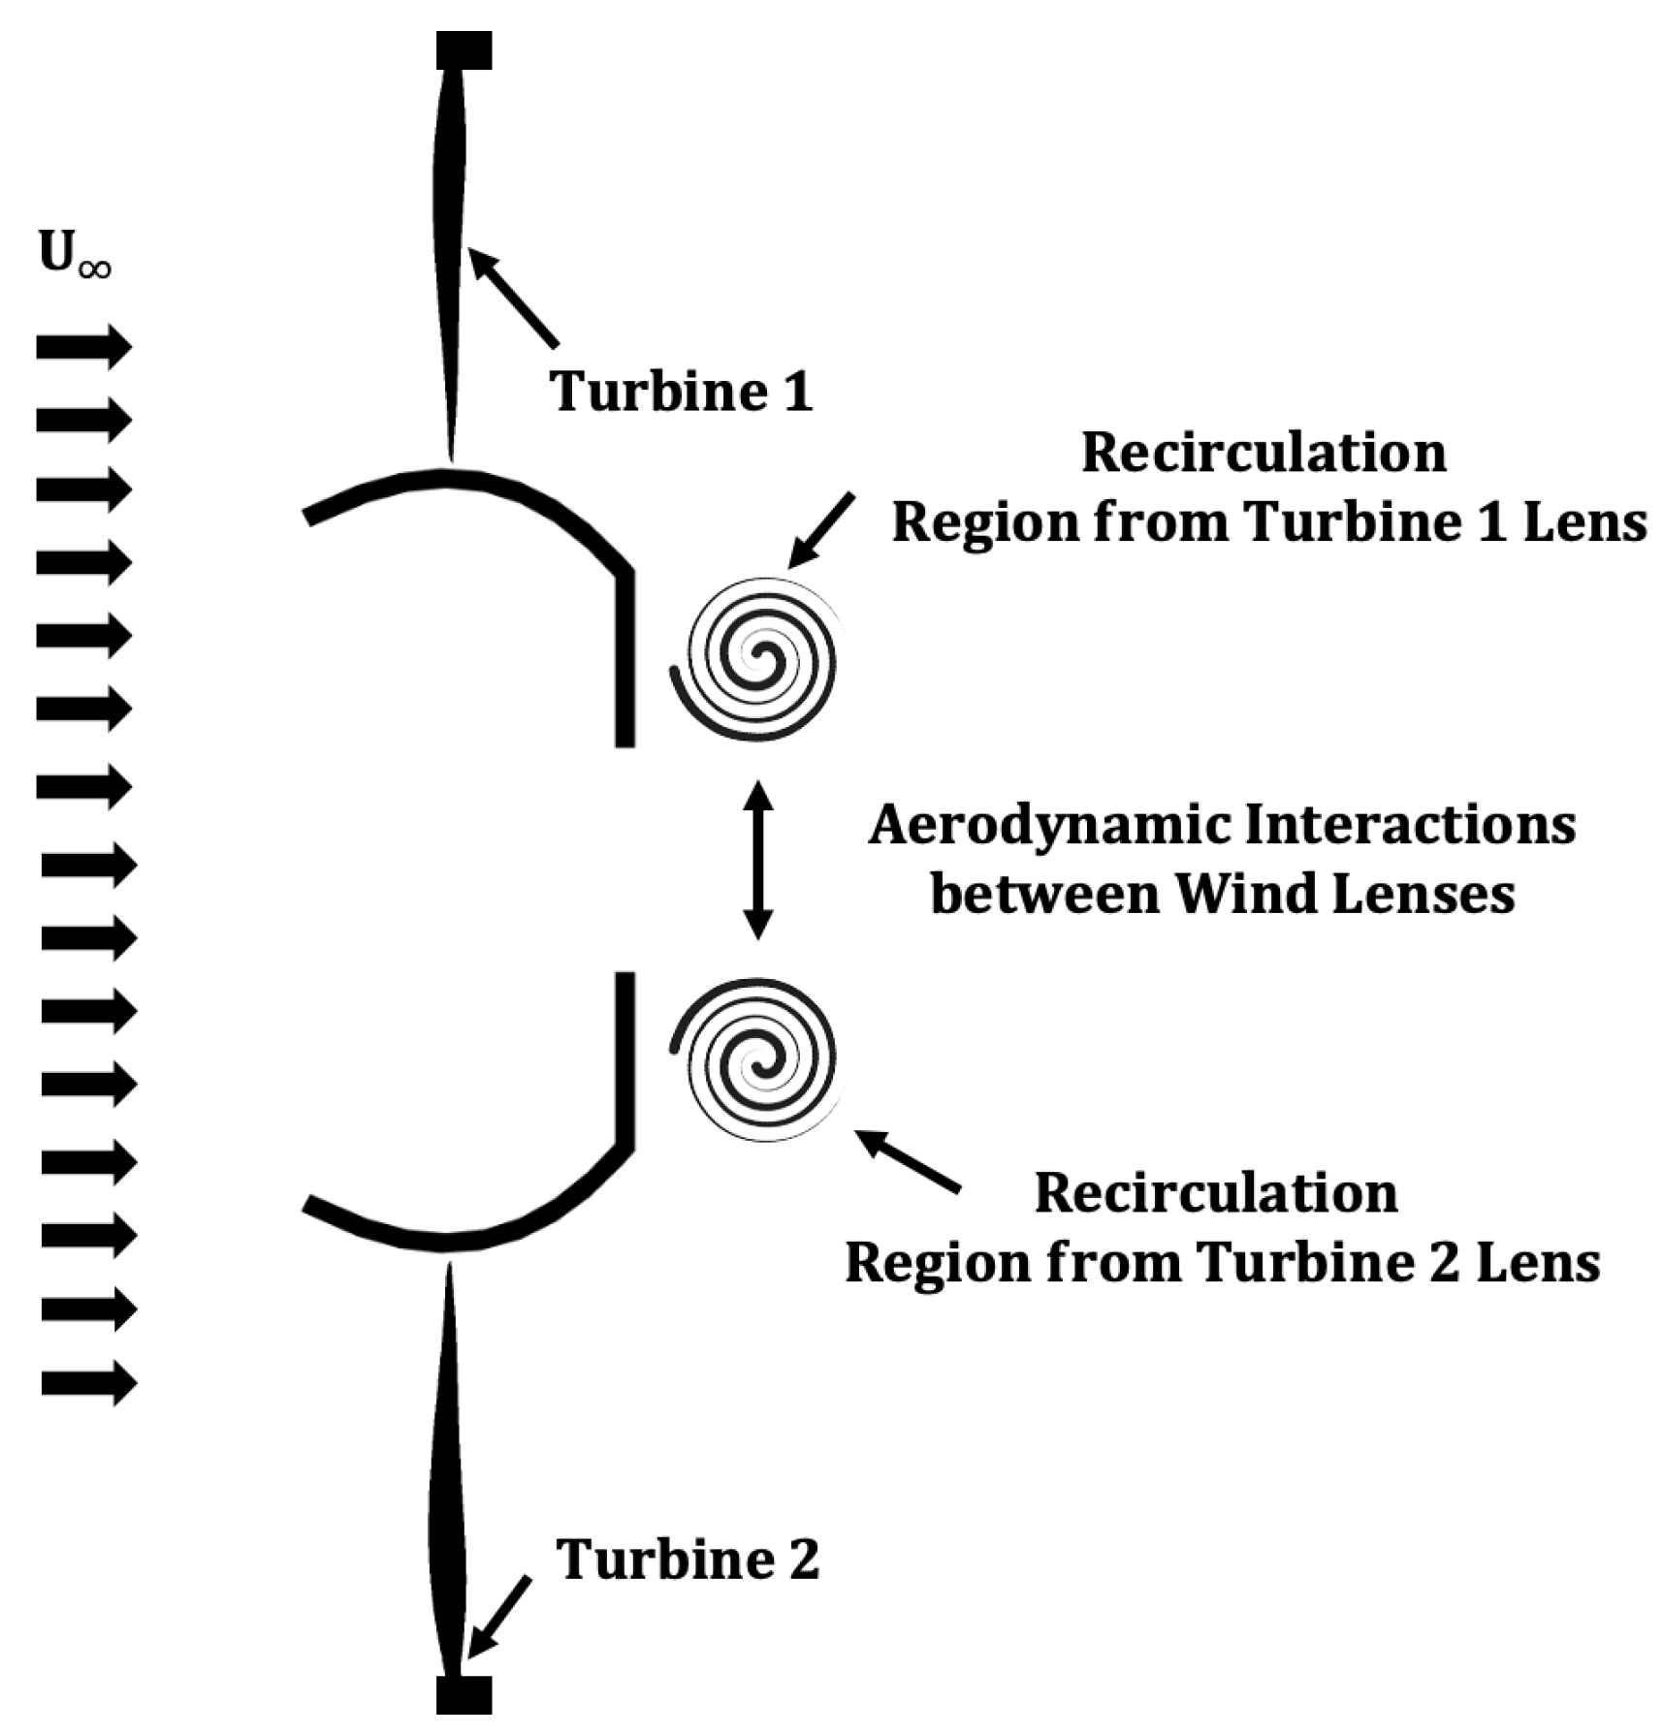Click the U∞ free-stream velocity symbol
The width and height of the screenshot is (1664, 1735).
click(x=74, y=254)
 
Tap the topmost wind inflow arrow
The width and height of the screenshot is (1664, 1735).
click(x=83, y=347)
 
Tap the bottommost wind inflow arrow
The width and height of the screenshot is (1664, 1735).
click(x=87, y=1382)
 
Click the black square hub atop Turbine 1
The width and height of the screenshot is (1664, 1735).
click(x=464, y=50)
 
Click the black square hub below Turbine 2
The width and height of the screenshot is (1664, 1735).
click(x=464, y=1694)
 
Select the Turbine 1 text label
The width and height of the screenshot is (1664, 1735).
click(x=681, y=392)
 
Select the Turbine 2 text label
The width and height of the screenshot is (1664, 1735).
click(x=688, y=1559)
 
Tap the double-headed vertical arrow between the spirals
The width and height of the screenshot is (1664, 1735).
click(x=757, y=860)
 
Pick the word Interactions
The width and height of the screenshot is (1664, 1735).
click(x=1410, y=825)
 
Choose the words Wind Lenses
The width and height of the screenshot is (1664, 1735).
click(x=1345, y=893)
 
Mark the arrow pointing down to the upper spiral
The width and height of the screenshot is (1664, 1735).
click(x=821, y=530)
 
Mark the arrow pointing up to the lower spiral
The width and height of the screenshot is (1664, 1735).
click(x=908, y=1160)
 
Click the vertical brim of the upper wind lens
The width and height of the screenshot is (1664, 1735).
click(x=625, y=659)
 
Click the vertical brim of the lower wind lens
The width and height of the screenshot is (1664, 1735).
click(x=625, y=1058)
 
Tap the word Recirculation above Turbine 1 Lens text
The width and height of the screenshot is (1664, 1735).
click(x=1264, y=453)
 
